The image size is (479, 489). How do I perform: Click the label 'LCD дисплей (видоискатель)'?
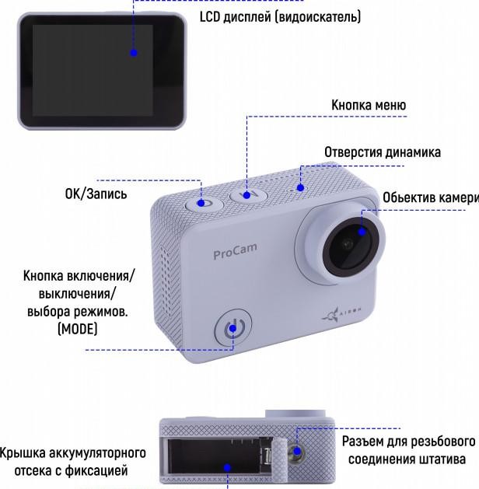click(x=280, y=16)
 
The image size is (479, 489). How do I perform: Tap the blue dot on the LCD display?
click(x=134, y=53)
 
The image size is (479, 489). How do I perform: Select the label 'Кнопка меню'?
click(x=369, y=105)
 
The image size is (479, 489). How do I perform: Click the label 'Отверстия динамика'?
click(x=383, y=152)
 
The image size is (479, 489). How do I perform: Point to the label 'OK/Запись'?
click(x=96, y=194)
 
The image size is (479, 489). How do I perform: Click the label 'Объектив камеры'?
click(x=431, y=197)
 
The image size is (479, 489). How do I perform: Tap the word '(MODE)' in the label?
click(x=78, y=329)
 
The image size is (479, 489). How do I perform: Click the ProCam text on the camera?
click(x=235, y=251)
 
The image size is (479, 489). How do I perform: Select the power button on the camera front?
click(x=233, y=328)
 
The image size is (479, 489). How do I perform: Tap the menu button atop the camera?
click(x=249, y=195)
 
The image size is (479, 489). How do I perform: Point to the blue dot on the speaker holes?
click(x=300, y=187)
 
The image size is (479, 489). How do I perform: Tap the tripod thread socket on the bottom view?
click(x=296, y=451)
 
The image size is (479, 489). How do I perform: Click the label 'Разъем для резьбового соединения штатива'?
click(x=408, y=450)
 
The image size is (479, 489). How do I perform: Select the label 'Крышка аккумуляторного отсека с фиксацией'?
click(x=72, y=462)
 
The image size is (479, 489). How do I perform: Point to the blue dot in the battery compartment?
click(x=228, y=468)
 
